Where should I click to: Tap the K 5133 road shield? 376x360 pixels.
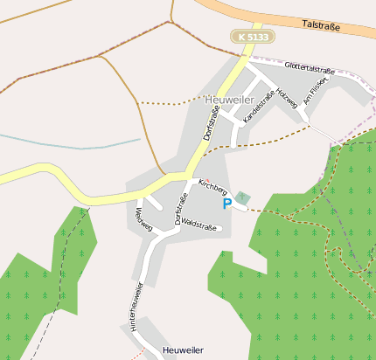(254, 37)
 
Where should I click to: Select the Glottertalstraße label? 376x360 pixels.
(310, 68)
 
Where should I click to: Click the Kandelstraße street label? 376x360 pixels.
(260, 105)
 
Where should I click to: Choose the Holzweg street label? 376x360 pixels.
(287, 99)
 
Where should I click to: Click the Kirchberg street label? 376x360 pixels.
(212, 186)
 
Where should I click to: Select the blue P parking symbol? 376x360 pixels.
(227, 204)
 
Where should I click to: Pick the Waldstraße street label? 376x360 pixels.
(199, 225)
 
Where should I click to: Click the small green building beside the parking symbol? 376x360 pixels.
(242, 198)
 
